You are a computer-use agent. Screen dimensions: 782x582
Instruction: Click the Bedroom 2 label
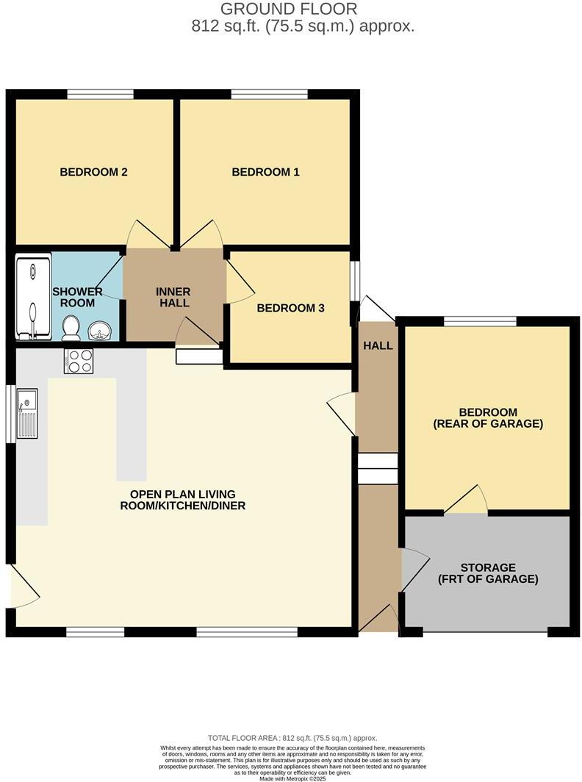(93, 172)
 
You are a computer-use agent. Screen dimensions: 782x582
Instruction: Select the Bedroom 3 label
(290, 308)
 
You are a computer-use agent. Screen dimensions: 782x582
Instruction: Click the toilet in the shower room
(71, 328)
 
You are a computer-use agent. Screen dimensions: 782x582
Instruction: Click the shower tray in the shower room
(33, 296)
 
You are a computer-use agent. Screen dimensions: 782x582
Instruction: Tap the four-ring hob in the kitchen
(79, 361)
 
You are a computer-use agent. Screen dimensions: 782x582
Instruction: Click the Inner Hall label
(173, 297)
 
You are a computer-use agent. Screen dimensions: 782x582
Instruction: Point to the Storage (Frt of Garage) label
(488, 573)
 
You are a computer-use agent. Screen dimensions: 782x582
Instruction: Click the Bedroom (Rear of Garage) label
(488, 417)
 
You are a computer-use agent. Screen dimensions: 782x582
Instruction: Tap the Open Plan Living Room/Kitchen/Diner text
(187, 500)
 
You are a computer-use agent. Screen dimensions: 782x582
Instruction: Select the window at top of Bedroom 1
(269, 94)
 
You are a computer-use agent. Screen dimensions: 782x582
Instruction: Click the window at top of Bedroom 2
(100, 94)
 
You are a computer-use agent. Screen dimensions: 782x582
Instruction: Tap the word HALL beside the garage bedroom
(378, 345)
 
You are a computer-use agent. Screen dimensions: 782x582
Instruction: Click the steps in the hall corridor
(378, 468)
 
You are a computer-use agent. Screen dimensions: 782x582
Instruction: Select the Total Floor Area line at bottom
(292, 737)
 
